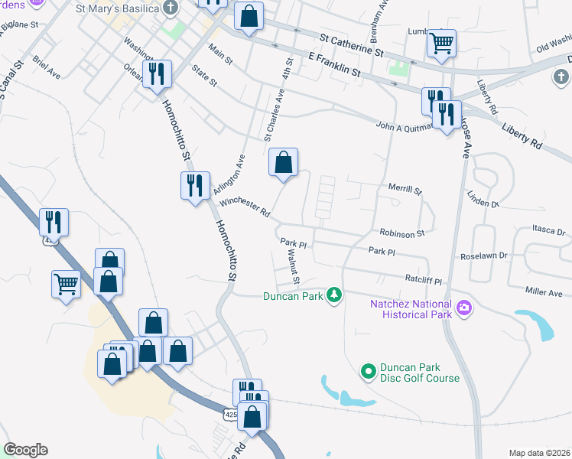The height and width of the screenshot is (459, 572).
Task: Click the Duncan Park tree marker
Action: click(333, 295)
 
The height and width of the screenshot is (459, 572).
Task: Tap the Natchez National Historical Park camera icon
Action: click(463, 309)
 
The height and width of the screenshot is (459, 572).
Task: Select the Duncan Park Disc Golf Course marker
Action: click(369, 372)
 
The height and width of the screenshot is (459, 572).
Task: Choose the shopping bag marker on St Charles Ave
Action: click(283, 162)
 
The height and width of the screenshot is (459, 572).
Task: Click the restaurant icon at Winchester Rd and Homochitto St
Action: click(194, 185)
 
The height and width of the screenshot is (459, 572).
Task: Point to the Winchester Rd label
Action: click(245, 207)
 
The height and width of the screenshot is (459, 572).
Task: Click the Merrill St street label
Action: click(405, 188)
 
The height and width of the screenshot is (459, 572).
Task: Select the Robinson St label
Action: click(401, 231)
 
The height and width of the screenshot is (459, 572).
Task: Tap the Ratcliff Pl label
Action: click(424, 280)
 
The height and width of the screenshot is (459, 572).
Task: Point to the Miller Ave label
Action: click(544, 293)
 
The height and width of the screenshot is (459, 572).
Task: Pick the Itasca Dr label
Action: click(549, 230)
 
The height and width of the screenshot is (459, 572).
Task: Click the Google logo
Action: click(25, 450)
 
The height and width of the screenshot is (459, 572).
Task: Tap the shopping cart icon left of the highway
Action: click(67, 285)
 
